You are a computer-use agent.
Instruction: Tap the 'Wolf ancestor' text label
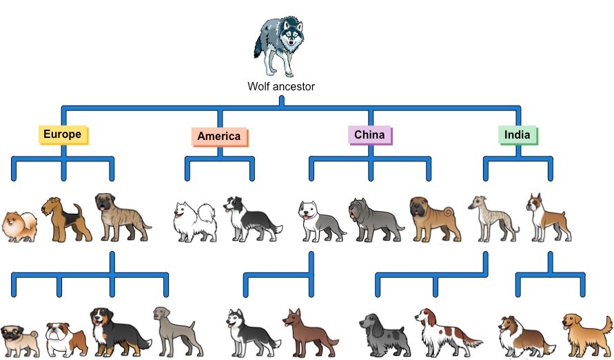(281, 87)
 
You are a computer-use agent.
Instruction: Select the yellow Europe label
(62, 134)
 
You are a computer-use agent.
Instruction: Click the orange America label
(219, 136)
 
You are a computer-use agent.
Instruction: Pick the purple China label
(370, 134)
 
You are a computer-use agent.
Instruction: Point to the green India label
(518, 134)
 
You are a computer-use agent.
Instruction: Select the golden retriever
(585, 333)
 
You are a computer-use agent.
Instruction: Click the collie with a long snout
(526, 336)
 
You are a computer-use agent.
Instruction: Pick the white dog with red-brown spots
(444, 330)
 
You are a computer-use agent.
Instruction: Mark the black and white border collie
(249, 219)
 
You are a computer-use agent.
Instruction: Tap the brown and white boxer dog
(547, 217)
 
